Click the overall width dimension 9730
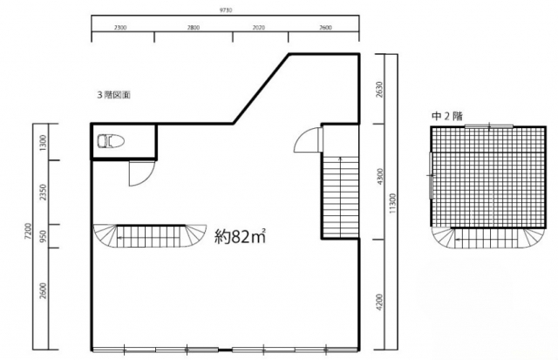click(225, 10)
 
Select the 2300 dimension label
click(120, 27)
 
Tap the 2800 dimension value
click(194, 27)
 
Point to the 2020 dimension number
click(259, 27)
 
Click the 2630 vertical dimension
click(379, 89)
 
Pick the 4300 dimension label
click(380, 176)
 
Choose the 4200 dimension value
click(380, 302)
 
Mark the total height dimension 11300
click(392, 203)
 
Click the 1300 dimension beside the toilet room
click(43, 142)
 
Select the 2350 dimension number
click(43, 192)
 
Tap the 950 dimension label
click(43, 235)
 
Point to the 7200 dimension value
click(28, 231)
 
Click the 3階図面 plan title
click(114, 95)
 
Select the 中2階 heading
click(447, 116)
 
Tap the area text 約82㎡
click(240, 236)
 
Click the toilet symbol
click(111, 141)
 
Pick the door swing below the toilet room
click(141, 173)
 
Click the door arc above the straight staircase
click(308, 139)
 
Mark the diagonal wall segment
click(261, 89)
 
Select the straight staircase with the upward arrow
click(341, 196)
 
